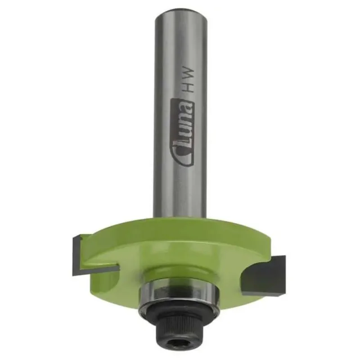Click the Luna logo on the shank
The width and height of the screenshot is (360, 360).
click(x=183, y=132)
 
